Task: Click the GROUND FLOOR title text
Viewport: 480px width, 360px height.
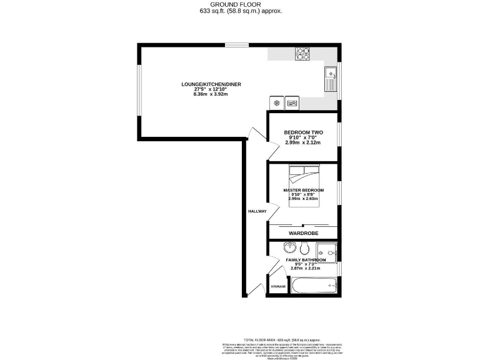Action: pos(240,4)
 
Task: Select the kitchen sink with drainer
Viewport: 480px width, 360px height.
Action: pos(329,80)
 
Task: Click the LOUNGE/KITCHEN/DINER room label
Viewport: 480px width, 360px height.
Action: pos(211,84)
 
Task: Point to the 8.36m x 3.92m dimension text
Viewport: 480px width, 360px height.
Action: pos(211,94)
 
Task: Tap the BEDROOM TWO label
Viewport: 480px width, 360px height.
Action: pos(303,132)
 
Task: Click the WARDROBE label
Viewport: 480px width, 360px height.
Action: pos(303,233)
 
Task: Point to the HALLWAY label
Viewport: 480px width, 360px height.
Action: pos(257,211)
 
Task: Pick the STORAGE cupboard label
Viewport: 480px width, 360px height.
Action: pos(278,286)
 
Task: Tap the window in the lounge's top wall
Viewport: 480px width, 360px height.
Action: pos(235,44)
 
